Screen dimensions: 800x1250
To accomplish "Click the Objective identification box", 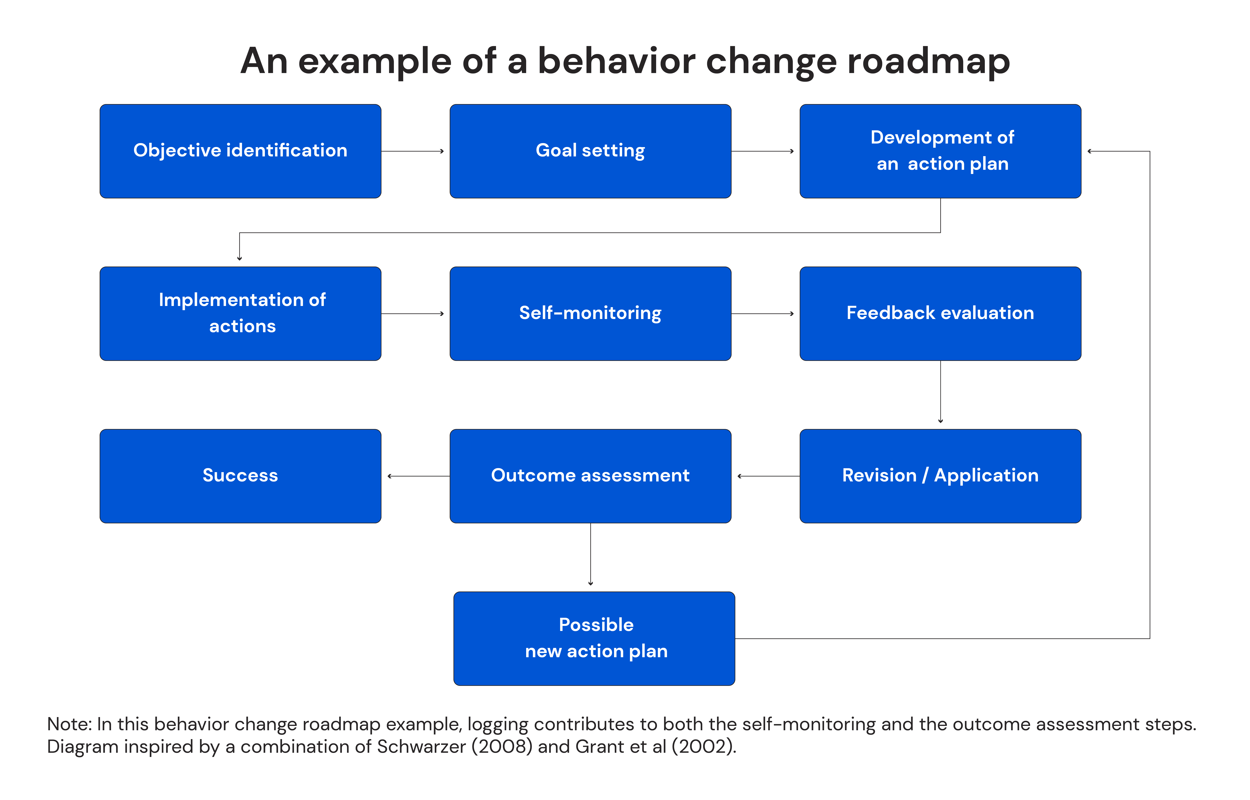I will (x=240, y=151).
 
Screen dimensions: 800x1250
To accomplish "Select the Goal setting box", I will (x=590, y=151).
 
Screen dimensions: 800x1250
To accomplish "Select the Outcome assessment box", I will (x=590, y=476).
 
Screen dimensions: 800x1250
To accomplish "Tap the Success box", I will (x=240, y=476).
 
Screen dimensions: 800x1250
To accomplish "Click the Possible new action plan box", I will (x=594, y=638).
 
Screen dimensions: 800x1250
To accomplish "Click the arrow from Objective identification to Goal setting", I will (x=413, y=151).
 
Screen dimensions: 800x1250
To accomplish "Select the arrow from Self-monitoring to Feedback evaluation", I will (x=763, y=314).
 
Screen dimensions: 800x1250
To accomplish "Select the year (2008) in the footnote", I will (x=501, y=746).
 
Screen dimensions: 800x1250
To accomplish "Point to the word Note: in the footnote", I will (x=70, y=724).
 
